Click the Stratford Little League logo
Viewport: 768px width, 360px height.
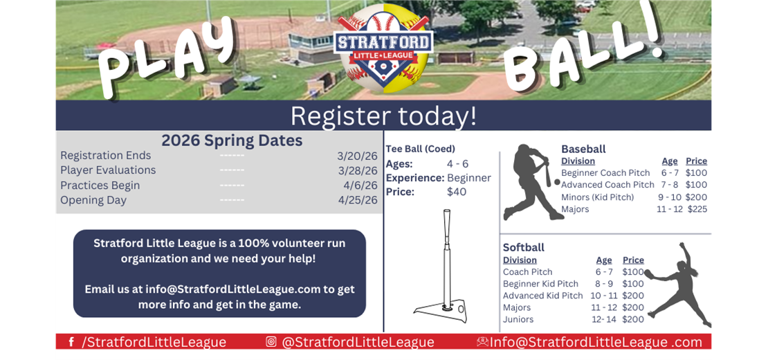coord(383,48)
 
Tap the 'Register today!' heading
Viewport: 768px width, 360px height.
coord(383,116)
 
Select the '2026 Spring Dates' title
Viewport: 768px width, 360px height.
coord(232,141)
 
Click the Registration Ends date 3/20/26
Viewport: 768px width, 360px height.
coord(358,156)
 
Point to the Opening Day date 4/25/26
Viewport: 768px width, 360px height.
coord(358,200)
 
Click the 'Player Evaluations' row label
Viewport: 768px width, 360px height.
coord(108,170)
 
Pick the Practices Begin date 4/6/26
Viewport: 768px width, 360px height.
coord(360,186)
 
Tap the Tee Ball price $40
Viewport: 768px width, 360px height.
coord(457,192)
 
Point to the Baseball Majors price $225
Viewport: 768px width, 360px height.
coord(697,209)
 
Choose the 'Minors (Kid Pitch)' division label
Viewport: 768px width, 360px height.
coord(597,197)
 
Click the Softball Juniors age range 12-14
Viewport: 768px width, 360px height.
coord(603,319)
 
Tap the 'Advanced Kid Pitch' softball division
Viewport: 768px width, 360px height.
coord(542,296)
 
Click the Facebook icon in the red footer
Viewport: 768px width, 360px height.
coord(71,342)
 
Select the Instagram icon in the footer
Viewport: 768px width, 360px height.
coord(271,342)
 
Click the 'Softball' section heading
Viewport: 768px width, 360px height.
coord(523,247)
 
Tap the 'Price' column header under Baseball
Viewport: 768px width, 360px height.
coord(696,161)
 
